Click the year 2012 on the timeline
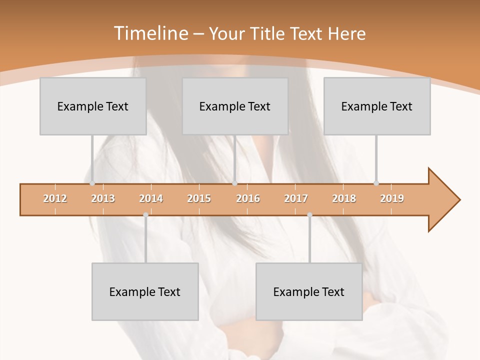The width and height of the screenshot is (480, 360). pyautogui.click(x=55, y=199)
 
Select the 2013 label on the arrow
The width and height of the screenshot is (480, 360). pyautogui.click(x=103, y=199)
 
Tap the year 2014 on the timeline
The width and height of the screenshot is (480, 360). pyautogui.click(x=151, y=199)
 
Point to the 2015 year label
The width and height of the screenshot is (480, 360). pyautogui.click(x=199, y=199)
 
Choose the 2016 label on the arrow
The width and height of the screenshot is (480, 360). pyautogui.click(x=248, y=199)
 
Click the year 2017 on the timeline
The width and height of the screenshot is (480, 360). pyautogui.click(x=296, y=199)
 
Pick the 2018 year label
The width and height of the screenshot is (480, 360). pyautogui.click(x=344, y=199)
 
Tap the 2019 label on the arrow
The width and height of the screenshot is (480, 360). pyautogui.click(x=392, y=199)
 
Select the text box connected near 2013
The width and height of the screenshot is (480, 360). pyautogui.click(x=93, y=106)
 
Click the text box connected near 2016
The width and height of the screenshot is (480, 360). pyautogui.click(x=235, y=106)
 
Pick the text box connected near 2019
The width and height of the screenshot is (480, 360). pyautogui.click(x=377, y=106)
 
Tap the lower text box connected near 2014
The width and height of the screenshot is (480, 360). pyautogui.click(x=145, y=291)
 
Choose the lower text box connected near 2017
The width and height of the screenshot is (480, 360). pyautogui.click(x=309, y=291)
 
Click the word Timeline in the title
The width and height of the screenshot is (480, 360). pyautogui.click(x=150, y=33)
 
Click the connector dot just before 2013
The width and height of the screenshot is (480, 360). pyautogui.click(x=92, y=183)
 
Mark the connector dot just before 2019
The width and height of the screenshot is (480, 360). pyautogui.click(x=376, y=183)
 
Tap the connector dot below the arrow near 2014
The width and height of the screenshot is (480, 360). pyautogui.click(x=145, y=215)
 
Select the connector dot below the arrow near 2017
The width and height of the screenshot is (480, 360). pyautogui.click(x=309, y=215)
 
